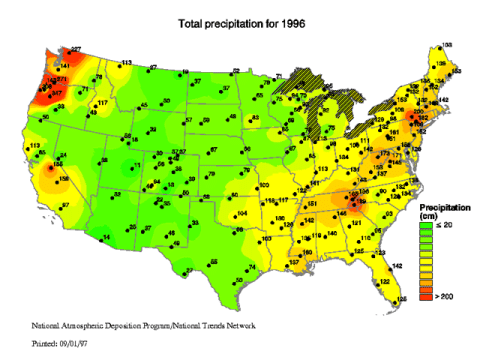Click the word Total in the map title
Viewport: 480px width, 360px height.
pos(192,22)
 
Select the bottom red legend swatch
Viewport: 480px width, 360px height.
pos(426,296)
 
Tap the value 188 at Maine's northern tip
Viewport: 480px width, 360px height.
pos(445,45)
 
